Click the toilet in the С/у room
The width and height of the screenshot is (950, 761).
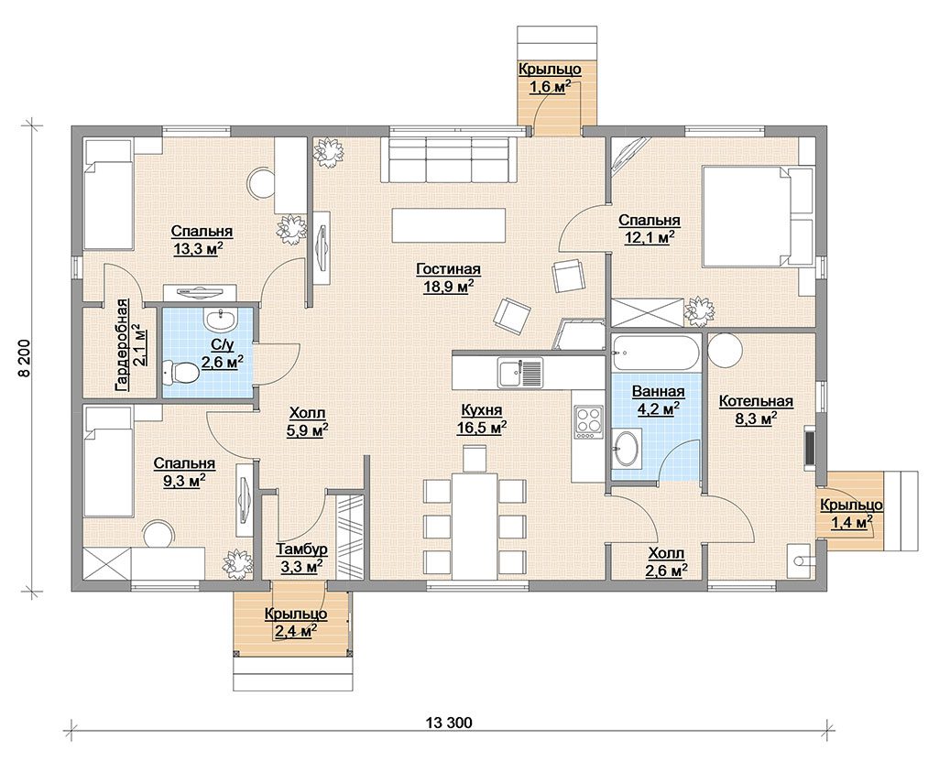click(180, 372)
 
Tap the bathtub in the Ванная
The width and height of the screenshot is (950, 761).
click(656, 353)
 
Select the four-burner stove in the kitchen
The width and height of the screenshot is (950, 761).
click(588, 421)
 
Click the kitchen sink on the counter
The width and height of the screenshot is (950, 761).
click(520, 371)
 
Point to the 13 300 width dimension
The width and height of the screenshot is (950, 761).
click(449, 723)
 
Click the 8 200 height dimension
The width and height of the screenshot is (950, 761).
click(24, 358)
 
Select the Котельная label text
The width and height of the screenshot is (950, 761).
click(756, 401)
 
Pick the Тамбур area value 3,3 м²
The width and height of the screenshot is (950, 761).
click(301, 567)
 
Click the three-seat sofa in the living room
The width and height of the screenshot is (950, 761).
click(449, 159)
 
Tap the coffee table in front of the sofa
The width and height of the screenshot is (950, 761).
click(449, 225)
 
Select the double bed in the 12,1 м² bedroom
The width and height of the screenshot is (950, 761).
click(758, 216)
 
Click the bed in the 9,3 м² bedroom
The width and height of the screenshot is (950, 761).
click(108, 462)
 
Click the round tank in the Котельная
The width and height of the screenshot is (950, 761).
click(726, 349)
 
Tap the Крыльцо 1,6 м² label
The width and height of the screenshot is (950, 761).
click(550, 78)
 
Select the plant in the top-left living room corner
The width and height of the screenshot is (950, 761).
click(328, 152)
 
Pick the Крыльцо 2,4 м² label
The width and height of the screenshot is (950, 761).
click(296, 623)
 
